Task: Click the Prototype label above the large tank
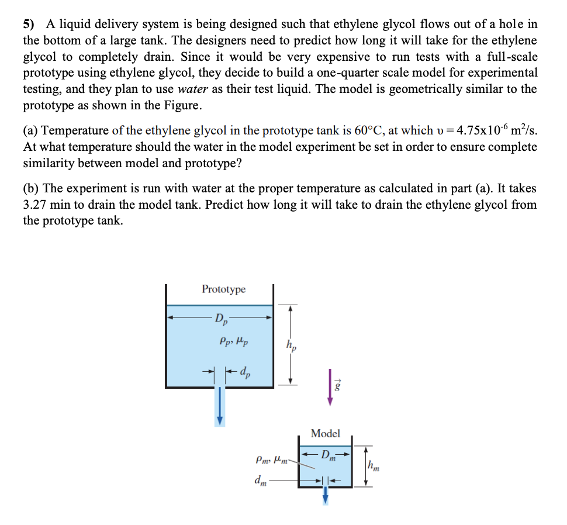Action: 223,289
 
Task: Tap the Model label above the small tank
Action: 326,433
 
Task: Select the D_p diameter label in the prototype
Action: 222,319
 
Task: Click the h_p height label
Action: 291,346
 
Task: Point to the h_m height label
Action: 374,466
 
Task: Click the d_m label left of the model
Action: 260,480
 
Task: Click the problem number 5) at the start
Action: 29,25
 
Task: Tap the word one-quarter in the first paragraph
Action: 419,73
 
